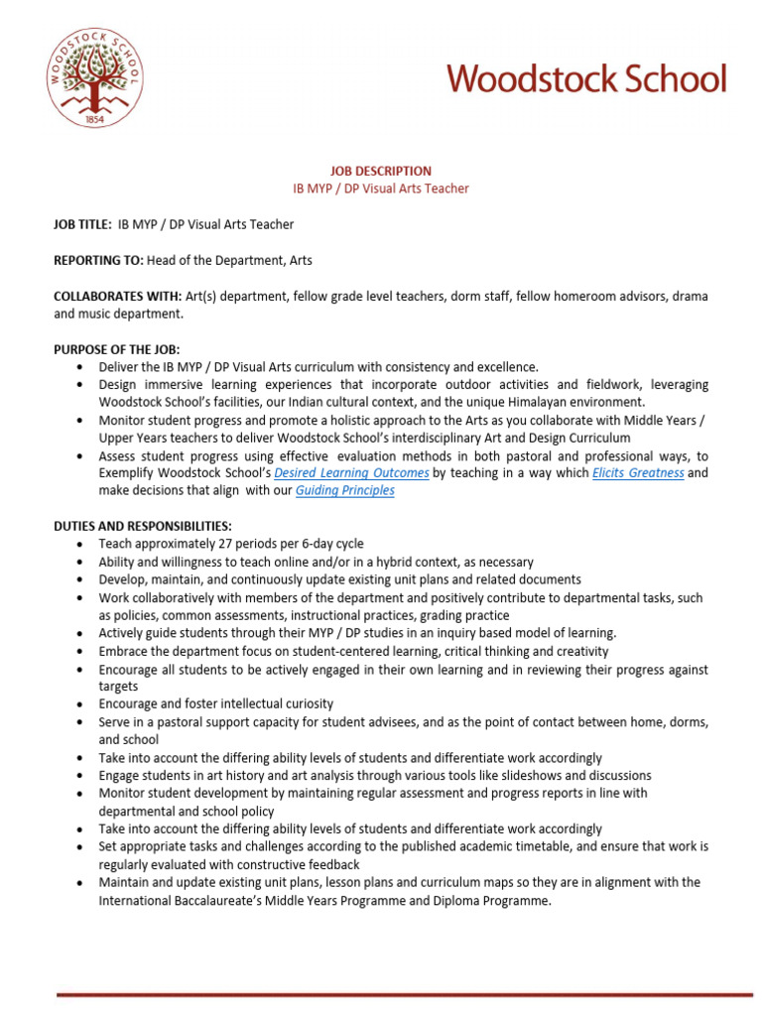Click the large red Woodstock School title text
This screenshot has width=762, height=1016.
pyautogui.click(x=586, y=79)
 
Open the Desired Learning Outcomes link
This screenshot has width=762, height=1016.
pyautogui.click(x=351, y=473)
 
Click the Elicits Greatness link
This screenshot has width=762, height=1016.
pyautogui.click(x=638, y=473)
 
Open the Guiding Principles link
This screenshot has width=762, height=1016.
pyautogui.click(x=345, y=490)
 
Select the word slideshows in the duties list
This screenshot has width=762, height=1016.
pyautogui.click(x=520, y=775)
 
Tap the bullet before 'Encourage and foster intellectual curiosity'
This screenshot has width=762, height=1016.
pyautogui.click(x=79, y=704)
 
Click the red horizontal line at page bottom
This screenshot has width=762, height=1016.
pyautogui.click(x=404, y=993)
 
